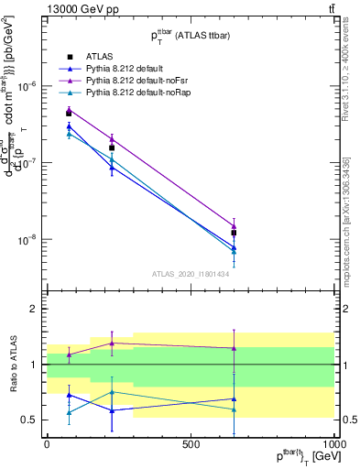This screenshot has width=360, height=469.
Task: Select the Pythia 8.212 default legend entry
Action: tap(128, 69)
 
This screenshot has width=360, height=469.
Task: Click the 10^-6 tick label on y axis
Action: tap(28, 85)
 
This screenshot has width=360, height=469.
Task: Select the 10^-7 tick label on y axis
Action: tap(28, 162)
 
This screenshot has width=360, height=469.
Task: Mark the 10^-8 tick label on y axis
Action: tap(28, 240)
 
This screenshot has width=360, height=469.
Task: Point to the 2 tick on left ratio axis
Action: tap(34, 310)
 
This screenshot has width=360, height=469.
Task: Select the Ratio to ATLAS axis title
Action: tap(13, 365)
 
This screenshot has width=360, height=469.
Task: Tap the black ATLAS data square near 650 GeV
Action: tap(234, 234)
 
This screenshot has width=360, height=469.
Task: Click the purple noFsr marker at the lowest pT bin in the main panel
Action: tap(69, 109)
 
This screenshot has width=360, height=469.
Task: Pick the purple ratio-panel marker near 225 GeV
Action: tap(112, 343)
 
